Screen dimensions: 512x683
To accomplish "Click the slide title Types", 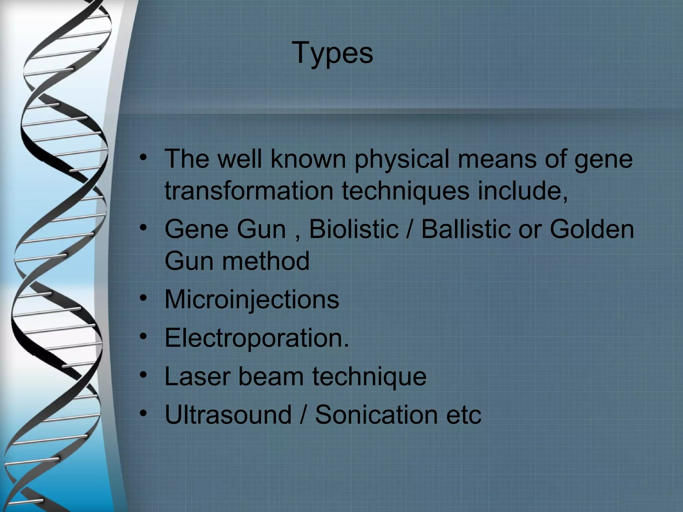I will [x=332, y=53].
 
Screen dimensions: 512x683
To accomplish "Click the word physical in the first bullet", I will [x=402, y=159].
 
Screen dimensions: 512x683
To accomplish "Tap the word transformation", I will [x=249, y=191].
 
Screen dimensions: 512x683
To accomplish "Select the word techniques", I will [x=406, y=192].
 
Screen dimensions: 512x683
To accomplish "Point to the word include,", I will [x=523, y=191].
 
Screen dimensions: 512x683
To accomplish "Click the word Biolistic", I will [x=354, y=229].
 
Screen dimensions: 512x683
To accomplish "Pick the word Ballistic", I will [x=466, y=229].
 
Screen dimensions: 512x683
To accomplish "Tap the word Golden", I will [x=592, y=229].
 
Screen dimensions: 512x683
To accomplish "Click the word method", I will [x=266, y=261].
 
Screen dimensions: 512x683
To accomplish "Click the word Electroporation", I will [x=256, y=338].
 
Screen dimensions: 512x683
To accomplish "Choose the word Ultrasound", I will [x=228, y=415].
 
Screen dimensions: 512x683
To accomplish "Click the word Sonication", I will [x=377, y=415].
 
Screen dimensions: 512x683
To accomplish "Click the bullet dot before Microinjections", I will [x=143, y=298].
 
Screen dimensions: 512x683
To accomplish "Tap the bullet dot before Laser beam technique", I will [x=143, y=375].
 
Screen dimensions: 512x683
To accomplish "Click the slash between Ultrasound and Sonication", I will [x=303, y=415].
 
